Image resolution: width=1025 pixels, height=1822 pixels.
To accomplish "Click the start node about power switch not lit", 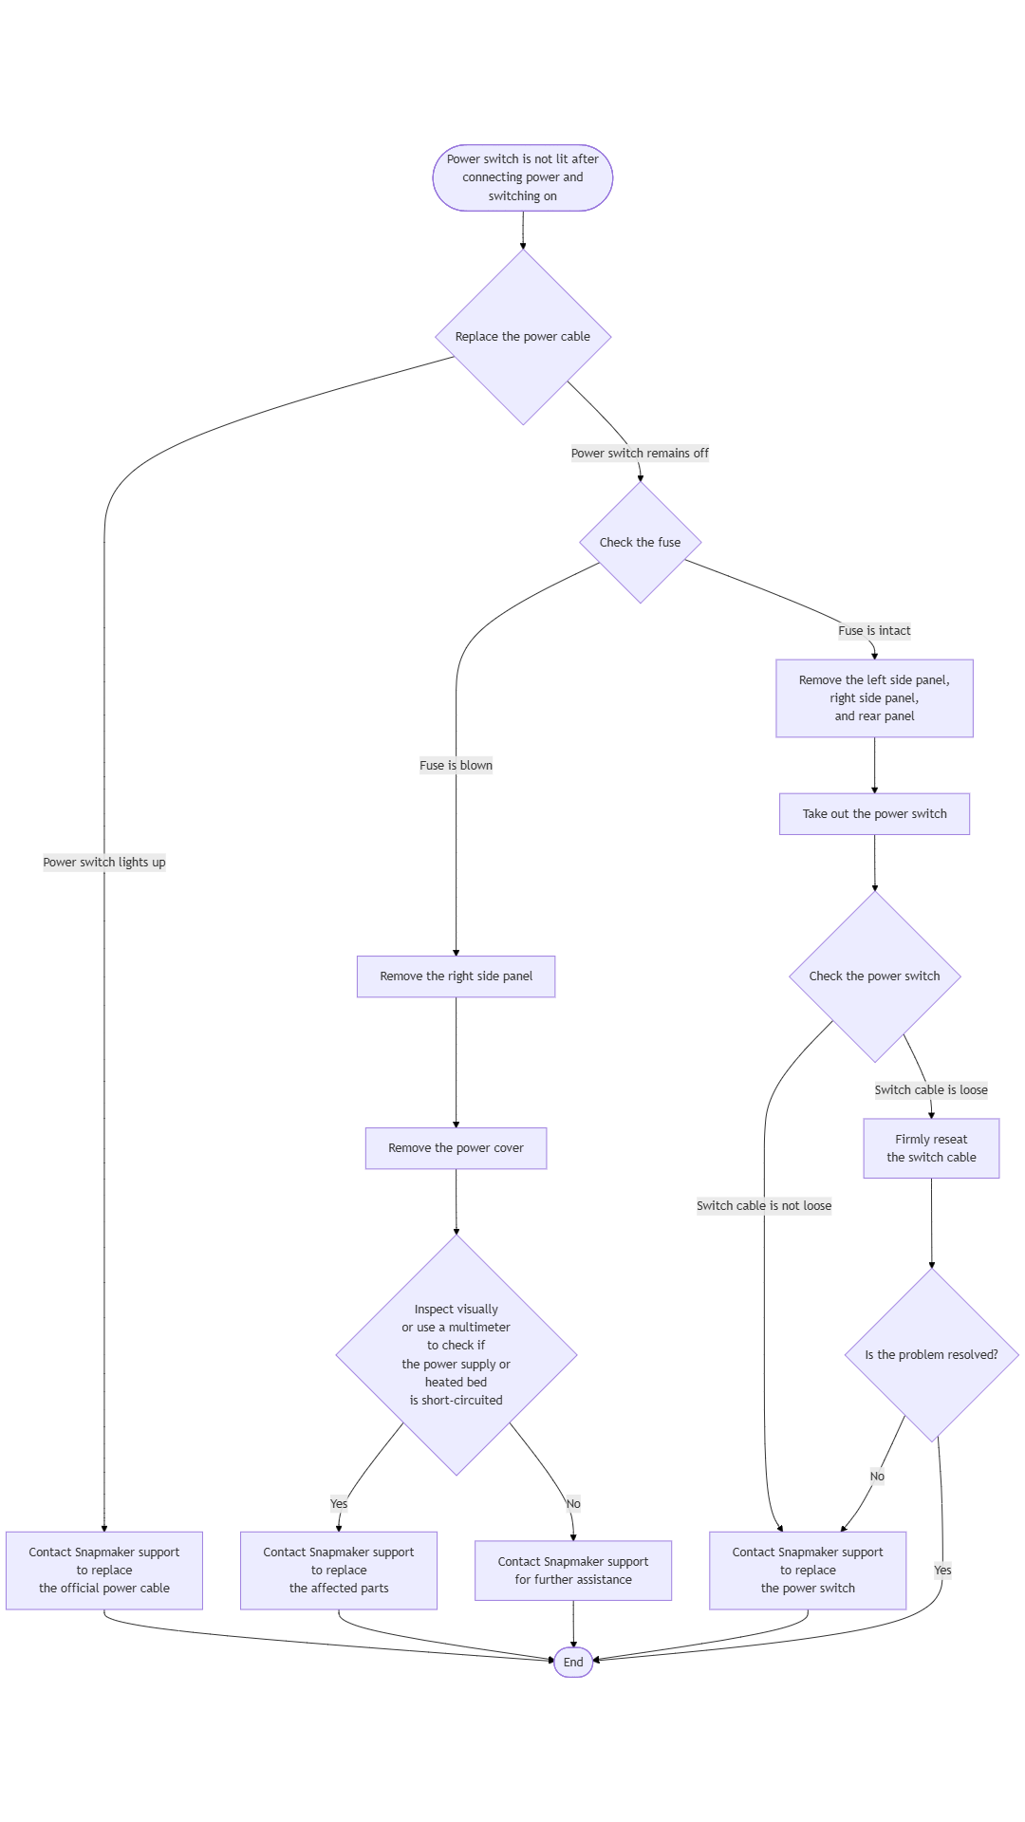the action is (523, 177).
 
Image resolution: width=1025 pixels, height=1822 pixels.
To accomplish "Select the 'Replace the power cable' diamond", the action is (523, 337).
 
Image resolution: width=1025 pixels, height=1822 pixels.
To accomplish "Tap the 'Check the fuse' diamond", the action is (641, 543).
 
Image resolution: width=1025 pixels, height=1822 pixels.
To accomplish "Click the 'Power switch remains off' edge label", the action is (640, 454).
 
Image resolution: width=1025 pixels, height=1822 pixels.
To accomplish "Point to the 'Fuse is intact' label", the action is (874, 631).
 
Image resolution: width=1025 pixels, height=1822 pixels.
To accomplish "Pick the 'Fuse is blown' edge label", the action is (457, 766).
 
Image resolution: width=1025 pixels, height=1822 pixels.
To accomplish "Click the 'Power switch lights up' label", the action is (104, 863).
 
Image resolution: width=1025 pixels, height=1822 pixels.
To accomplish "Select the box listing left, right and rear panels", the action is (875, 698).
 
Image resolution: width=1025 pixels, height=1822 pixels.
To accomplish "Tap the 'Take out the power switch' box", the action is (875, 814).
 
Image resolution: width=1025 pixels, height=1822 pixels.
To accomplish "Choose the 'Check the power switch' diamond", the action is (875, 976).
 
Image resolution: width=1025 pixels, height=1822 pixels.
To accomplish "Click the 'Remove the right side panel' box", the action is (457, 976).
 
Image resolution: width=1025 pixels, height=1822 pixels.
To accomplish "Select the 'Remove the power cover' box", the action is (457, 1148).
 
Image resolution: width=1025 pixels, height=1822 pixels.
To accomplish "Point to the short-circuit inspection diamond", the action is (457, 1355).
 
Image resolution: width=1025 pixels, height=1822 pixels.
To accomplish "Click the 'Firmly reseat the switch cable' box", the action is (932, 1148).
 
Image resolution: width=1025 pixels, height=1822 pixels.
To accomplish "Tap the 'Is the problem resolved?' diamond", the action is (932, 1355).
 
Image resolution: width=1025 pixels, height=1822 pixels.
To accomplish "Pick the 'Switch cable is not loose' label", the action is (764, 1206).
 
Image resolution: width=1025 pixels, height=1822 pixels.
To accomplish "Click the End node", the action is (573, 1662).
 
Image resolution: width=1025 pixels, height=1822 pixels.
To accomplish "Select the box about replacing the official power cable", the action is (104, 1571).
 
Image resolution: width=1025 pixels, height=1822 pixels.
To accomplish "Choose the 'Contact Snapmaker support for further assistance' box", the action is (573, 1571).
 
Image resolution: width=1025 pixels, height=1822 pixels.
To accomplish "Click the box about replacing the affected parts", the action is (339, 1571).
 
